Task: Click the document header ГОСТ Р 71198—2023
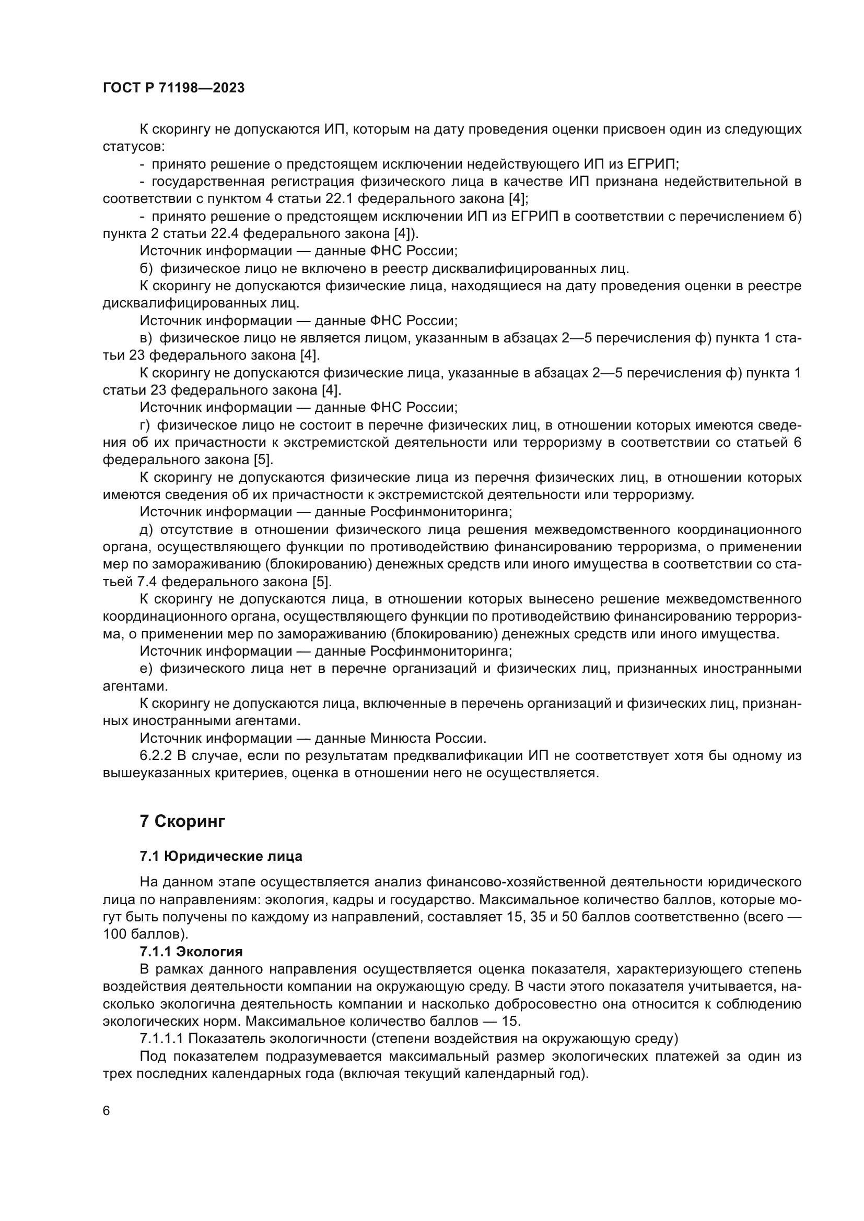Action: pyautogui.click(x=173, y=88)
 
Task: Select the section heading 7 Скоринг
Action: pyautogui.click(x=182, y=821)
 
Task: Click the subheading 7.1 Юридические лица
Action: pyautogui.click(x=221, y=856)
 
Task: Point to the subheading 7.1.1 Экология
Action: pyautogui.click(x=191, y=952)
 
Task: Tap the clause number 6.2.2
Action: pyautogui.click(x=154, y=756)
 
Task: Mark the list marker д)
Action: pyautogui.click(x=146, y=530)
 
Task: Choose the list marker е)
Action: pyautogui.click(x=146, y=669)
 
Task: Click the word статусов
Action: pyautogui.click(x=134, y=146)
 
